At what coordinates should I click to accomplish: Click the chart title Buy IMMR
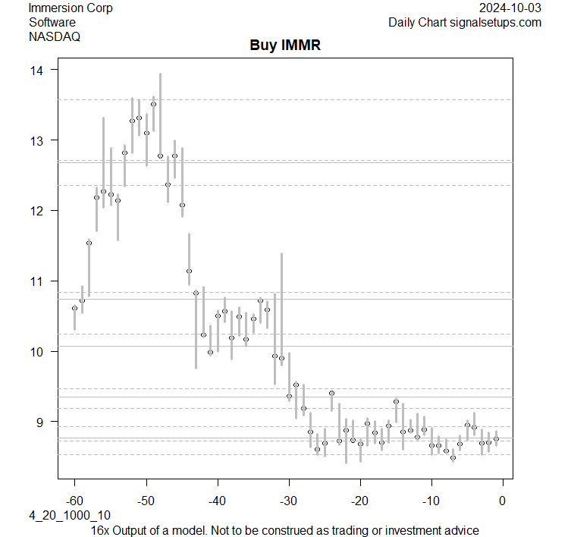point(285,46)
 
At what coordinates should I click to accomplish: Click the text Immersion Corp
point(71,8)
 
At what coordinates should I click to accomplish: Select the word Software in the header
point(52,22)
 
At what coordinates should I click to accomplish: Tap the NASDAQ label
point(55,36)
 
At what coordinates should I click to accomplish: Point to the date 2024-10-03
point(510,8)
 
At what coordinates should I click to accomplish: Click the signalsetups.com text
point(497,22)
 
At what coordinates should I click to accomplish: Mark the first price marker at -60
point(74,308)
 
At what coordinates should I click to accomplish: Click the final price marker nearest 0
point(496,438)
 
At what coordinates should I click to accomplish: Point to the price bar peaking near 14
point(160,114)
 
